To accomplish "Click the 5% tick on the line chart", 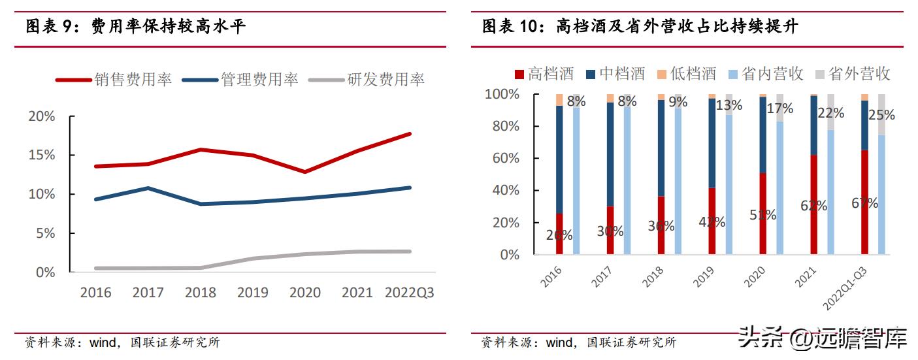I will [45, 233].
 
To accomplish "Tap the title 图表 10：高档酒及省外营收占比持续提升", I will [640, 27].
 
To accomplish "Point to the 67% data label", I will [864, 203].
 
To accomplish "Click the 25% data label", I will [882, 115].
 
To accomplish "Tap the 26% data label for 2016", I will [559, 235].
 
